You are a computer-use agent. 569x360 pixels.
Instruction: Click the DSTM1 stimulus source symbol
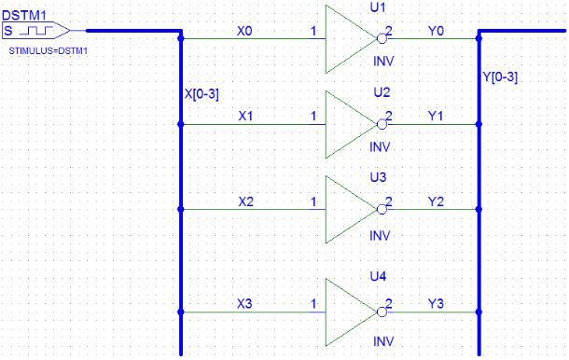[x=36, y=31]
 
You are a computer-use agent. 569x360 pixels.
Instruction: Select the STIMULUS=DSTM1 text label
[x=49, y=51]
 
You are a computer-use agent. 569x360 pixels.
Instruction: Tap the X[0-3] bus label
[x=201, y=94]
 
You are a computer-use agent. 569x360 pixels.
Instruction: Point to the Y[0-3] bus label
[x=500, y=76]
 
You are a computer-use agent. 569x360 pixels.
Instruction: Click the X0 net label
[x=244, y=31]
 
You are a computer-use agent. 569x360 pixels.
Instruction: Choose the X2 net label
[x=245, y=201]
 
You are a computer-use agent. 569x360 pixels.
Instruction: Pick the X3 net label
[x=244, y=304]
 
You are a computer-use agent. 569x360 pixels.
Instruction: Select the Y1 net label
[x=436, y=117]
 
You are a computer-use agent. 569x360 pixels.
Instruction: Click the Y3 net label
[x=436, y=304]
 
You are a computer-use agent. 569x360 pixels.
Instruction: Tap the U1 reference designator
[x=378, y=7]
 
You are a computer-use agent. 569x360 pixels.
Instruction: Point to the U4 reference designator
[x=378, y=277]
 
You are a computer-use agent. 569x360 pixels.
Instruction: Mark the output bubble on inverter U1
[x=382, y=38]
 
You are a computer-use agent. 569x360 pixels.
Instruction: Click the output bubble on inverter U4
[x=382, y=312]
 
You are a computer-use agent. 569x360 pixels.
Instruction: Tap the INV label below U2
[x=380, y=147]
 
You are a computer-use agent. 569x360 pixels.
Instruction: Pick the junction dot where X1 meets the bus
[x=181, y=124]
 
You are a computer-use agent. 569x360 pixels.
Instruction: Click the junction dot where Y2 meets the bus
[x=479, y=210]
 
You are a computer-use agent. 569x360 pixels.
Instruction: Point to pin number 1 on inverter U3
[x=313, y=201]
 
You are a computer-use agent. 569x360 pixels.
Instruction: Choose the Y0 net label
[x=436, y=31]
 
